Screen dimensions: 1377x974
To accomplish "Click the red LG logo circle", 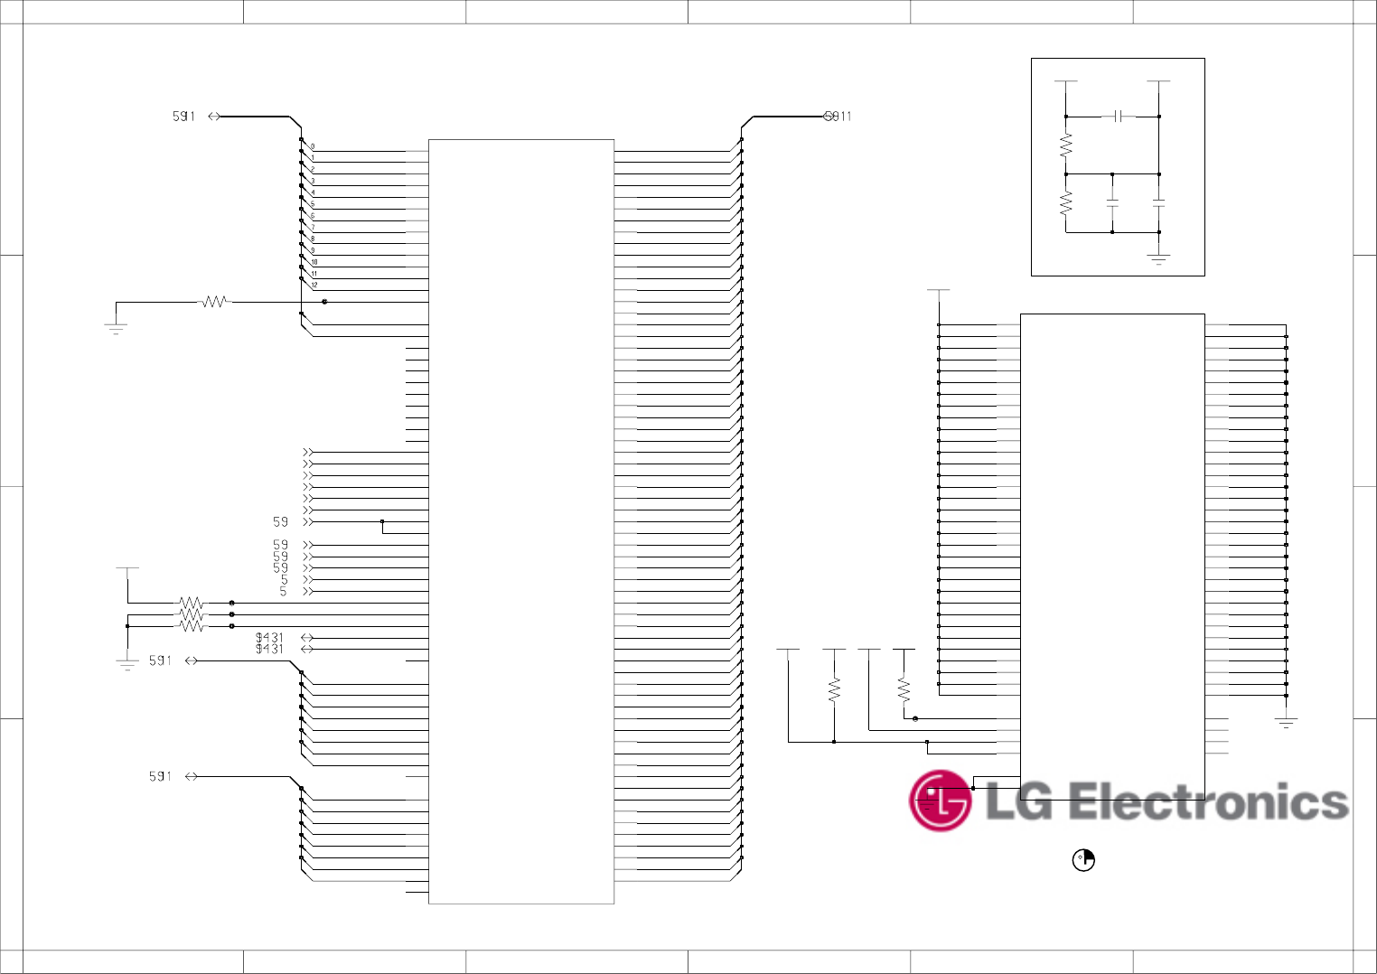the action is (x=940, y=801).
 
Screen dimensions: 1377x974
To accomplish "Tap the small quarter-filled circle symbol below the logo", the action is (x=1082, y=860).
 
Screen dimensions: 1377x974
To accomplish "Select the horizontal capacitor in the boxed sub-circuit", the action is (x=1119, y=117).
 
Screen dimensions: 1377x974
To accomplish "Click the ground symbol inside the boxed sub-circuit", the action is (x=1158, y=259).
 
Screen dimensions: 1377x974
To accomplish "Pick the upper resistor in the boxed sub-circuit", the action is (x=1066, y=145).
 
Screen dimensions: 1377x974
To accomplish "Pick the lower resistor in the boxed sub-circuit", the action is (x=1066, y=202).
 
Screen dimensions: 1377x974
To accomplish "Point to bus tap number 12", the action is (x=314, y=286).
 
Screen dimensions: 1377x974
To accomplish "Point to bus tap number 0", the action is (x=313, y=146).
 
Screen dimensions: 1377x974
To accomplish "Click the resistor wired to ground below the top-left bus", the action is (x=214, y=302).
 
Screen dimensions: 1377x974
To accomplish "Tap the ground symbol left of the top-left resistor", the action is (x=116, y=329).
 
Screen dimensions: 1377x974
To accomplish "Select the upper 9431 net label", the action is (x=269, y=637).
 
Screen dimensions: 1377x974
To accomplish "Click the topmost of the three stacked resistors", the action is (x=192, y=603).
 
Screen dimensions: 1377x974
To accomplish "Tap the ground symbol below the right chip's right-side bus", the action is (x=1286, y=722).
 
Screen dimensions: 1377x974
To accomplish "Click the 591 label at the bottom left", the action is (x=160, y=776).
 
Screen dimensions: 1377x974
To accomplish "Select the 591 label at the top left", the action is (x=183, y=117).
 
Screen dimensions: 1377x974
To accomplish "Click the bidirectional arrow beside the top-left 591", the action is (x=214, y=117).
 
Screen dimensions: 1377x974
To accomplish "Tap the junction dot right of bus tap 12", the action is (x=324, y=302).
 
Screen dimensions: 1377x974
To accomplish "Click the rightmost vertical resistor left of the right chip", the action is (x=904, y=690).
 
